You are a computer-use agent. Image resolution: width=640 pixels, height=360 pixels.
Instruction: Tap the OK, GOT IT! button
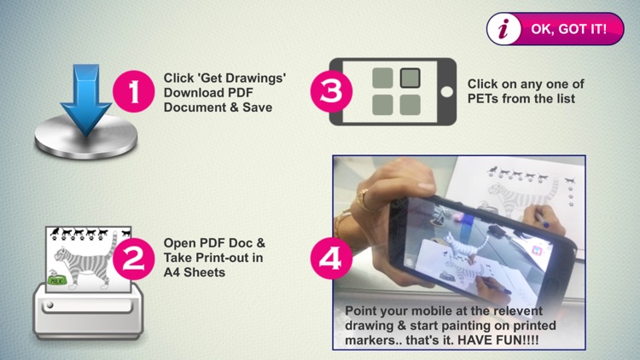pyautogui.click(x=556, y=28)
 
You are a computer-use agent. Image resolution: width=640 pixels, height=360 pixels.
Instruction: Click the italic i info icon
pyautogui.click(x=503, y=29)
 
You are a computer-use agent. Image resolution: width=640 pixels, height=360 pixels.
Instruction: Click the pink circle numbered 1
pyautogui.click(x=134, y=91)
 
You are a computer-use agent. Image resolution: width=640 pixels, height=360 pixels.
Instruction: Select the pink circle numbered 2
pyautogui.click(x=134, y=258)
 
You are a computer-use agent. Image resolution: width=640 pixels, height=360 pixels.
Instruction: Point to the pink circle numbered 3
pyautogui.click(x=331, y=91)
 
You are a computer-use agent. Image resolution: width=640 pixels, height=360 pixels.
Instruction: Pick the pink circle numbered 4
pyautogui.click(x=331, y=258)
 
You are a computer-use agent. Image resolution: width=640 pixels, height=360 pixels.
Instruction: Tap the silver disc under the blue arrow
pyautogui.click(x=86, y=136)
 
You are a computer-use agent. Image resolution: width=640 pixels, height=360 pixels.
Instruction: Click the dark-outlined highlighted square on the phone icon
pyautogui.click(x=410, y=78)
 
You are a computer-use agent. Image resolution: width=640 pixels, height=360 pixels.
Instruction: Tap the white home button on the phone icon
pyautogui.click(x=446, y=92)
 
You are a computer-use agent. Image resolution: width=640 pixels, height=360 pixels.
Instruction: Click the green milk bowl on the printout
pyautogui.click(x=56, y=280)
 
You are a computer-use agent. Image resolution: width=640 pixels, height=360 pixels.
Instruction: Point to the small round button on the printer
pyautogui.click(x=49, y=305)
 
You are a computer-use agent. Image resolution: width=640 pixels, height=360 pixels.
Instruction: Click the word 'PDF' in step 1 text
pyautogui.click(x=240, y=93)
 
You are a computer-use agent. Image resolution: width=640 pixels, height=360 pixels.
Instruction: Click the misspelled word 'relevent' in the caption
pyautogui.click(x=518, y=311)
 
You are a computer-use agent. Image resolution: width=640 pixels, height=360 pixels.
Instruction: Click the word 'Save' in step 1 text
pyautogui.click(x=258, y=107)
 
